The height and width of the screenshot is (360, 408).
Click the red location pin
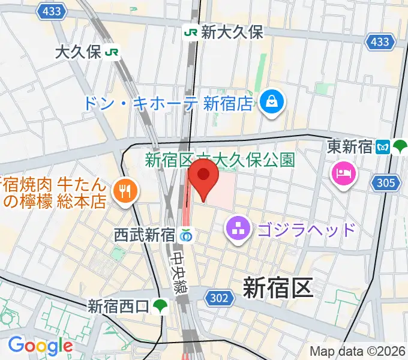[x=203, y=180]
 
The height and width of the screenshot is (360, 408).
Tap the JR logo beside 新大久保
[x=191, y=32]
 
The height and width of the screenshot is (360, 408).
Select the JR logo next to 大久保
[x=111, y=52]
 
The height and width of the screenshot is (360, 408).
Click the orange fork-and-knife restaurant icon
[x=125, y=191]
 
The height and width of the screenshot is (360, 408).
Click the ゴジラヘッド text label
[x=306, y=229]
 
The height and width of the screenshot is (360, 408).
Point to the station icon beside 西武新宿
[x=187, y=236]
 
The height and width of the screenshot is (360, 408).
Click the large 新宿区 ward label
[x=278, y=289]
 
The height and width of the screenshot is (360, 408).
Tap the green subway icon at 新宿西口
[x=160, y=306]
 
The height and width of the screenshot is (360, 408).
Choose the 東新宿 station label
[x=350, y=146]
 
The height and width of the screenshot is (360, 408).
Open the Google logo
[x=40, y=346]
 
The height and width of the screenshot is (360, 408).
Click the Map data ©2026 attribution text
[x=357, y=352]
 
